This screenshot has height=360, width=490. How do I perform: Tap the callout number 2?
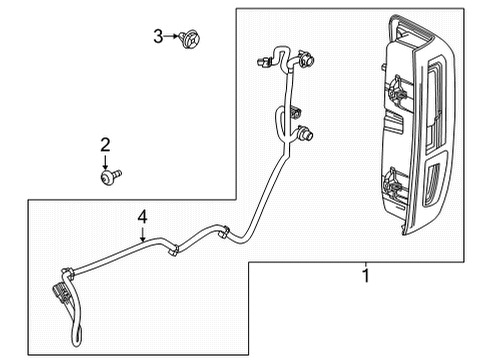click(x=104, y=147)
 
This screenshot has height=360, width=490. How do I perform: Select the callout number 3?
click(x=157, y=37)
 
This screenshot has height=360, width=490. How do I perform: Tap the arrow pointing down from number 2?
click(x=104, y=162)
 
